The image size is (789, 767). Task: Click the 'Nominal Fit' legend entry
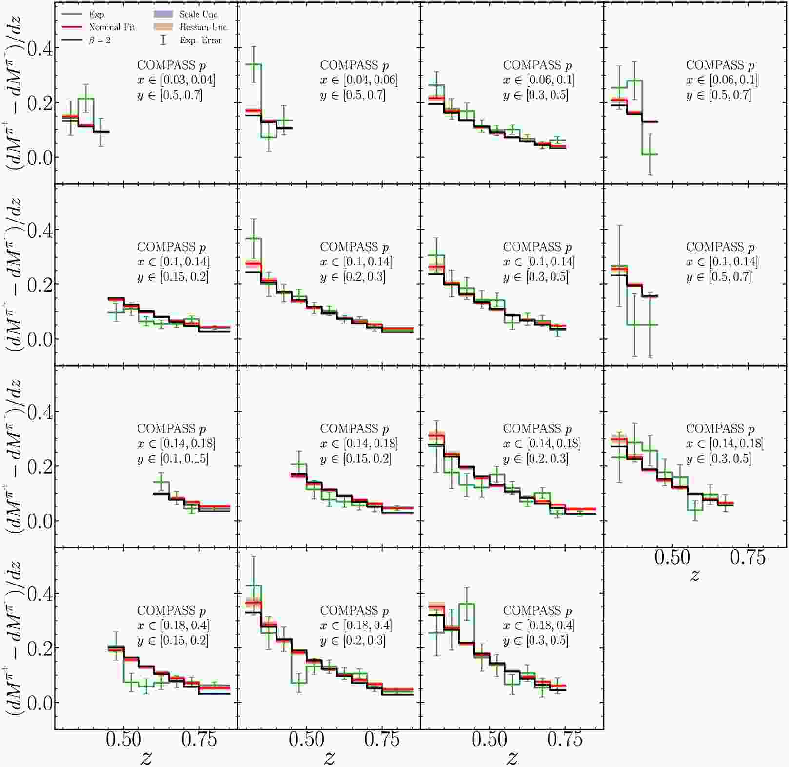111,27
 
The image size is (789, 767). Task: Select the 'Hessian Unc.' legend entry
203,27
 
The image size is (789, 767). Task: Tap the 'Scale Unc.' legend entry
198,15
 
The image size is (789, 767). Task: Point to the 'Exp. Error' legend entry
200,40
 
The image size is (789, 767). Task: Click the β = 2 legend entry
99,40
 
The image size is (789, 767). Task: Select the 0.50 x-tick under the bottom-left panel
123,740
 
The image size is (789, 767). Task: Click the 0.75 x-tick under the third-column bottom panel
565,740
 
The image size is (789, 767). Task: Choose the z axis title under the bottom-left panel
146,757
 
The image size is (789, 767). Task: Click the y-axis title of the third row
15,456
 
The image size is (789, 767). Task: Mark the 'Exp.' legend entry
97,15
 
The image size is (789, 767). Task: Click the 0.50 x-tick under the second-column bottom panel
306,740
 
